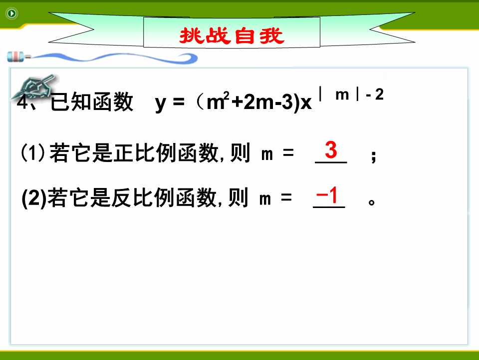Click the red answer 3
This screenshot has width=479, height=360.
pyautogui.click(x=331, y=149)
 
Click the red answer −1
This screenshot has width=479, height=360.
pyautogui.click(x=327, y=195)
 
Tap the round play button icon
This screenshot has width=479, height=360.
pyautogui.click(x=11, y=13)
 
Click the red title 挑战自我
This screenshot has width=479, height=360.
pyautogui.click(x=232, y=35)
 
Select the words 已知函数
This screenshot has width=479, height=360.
pyautogui.click(x=92, y=102)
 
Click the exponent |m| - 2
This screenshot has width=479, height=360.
pyautogui.click(x=351, y=94)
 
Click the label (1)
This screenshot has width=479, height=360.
pyautogui.click(x=33, y=152)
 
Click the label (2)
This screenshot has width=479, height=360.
pyautogui.click(x=34, y=198)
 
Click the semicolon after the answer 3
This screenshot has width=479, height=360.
pyautogui.click(x=373, y=156)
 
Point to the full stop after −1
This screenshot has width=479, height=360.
pyautogui.click(x=371, y=202)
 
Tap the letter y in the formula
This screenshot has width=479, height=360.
pyautogui.click(x=161, y=103)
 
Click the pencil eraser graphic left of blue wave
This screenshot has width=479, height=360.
pyautogui.click(x=18, y=57)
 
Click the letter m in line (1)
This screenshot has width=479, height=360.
pyautogui.click(x=267, y=154)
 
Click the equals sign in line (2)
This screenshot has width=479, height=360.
pyautogui.click(x=286, y=197)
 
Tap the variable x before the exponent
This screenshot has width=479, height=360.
pyautogui.click(x=306, y=103)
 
